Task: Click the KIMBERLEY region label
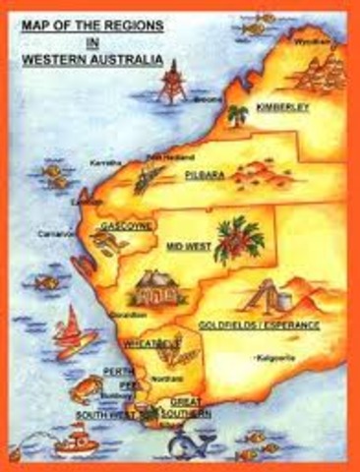(x=283, y=106)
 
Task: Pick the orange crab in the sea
(x=80, y=394)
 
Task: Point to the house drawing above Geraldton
(x=153, y=288)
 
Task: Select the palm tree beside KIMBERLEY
(x=238, y=115)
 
